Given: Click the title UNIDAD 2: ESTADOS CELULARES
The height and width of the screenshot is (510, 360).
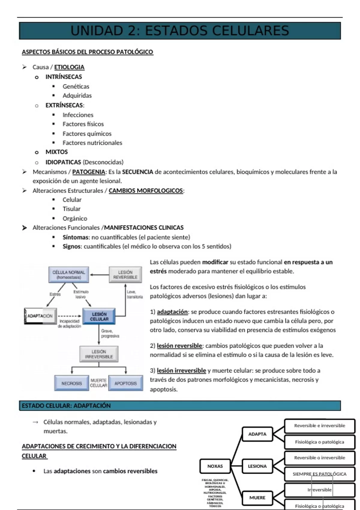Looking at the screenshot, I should coord(180,31).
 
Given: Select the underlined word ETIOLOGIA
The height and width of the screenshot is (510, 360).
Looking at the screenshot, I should coord(69,67).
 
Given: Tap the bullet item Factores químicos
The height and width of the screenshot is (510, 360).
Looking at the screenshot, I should coord(87,134).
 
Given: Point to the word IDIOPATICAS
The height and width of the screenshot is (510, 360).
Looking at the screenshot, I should coord(63,162).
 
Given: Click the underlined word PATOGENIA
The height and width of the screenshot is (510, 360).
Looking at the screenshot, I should coord(88,172).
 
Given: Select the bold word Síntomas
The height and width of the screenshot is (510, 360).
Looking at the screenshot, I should coord(75,237).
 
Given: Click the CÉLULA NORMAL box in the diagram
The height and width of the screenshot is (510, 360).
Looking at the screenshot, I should coord(69,274).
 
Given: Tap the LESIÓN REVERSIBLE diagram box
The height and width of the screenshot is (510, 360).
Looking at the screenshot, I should coord(125,274).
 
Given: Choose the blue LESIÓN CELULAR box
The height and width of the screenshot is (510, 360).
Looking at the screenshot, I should coord(99,316).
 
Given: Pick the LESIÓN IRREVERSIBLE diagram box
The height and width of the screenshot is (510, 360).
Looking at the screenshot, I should coord(99,354).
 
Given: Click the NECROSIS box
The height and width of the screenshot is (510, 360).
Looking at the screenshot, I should coord(71,383).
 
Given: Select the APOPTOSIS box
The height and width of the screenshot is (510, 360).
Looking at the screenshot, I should coord(125,383).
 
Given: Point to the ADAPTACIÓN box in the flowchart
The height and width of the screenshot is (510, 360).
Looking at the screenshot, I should coord(40,316).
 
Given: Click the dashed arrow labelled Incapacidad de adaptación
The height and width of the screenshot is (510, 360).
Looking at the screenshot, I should coord(69,316).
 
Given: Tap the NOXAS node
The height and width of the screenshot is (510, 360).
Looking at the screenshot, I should coord(215,466).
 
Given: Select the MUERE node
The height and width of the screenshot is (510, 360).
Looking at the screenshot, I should coord(257,498).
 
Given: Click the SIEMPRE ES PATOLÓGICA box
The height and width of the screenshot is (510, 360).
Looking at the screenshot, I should coord(319,474).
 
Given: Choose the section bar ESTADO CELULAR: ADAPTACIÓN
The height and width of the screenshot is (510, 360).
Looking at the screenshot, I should coord(180,406).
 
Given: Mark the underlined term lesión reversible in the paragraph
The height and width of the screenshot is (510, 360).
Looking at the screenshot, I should coord(179,346).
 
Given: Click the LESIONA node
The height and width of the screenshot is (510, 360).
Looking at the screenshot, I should coord(257,466).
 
